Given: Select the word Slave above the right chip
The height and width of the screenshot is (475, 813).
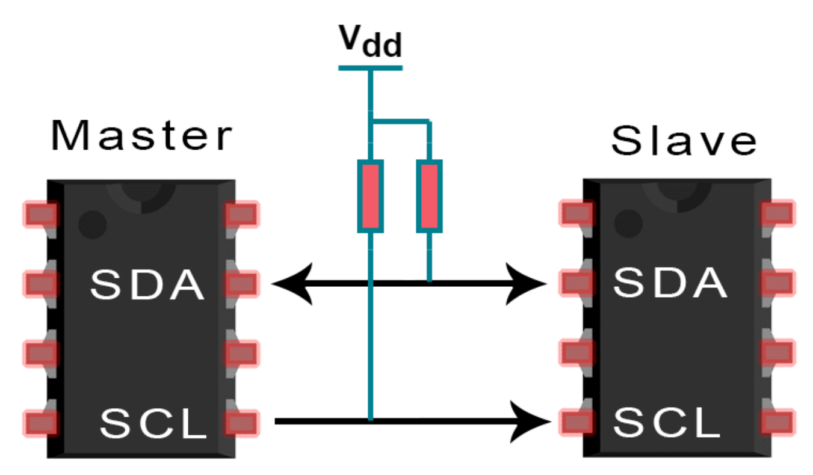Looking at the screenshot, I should [x=684, y=142].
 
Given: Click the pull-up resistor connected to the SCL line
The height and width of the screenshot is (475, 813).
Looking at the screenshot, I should [x=370, y=196].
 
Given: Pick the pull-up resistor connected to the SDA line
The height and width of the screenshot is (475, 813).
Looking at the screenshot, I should [x=429, y=196].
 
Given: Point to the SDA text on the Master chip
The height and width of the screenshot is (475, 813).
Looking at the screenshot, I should [x=147, y=285].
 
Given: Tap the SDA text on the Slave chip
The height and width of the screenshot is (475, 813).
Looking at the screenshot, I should [x=670, y=283].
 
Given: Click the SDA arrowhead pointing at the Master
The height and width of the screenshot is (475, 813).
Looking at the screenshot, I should [x=292, y=283].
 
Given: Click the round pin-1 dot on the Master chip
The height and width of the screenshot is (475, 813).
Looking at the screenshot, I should [x=92, y=224].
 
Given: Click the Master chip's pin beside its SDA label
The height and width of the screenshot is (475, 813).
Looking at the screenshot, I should [x=242, y=283].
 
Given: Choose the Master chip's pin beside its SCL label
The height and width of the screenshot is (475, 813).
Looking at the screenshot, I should [x=242, y=422].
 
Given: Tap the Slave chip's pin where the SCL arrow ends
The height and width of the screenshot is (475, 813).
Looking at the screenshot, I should [x=576, y=422].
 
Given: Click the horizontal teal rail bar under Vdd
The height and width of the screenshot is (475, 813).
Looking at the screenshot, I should [x=370, y=68].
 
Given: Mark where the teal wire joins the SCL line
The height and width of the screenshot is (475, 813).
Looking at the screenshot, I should [x=370, y=421].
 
